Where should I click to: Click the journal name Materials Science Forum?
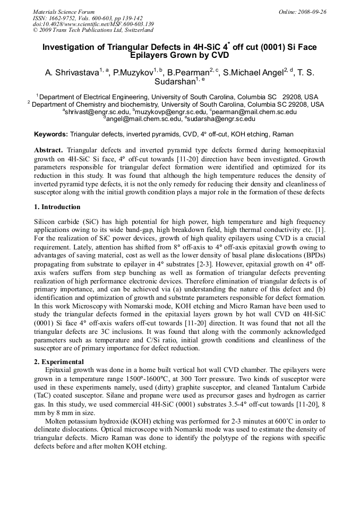64,12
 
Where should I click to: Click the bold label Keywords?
51,135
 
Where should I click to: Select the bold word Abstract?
49,151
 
